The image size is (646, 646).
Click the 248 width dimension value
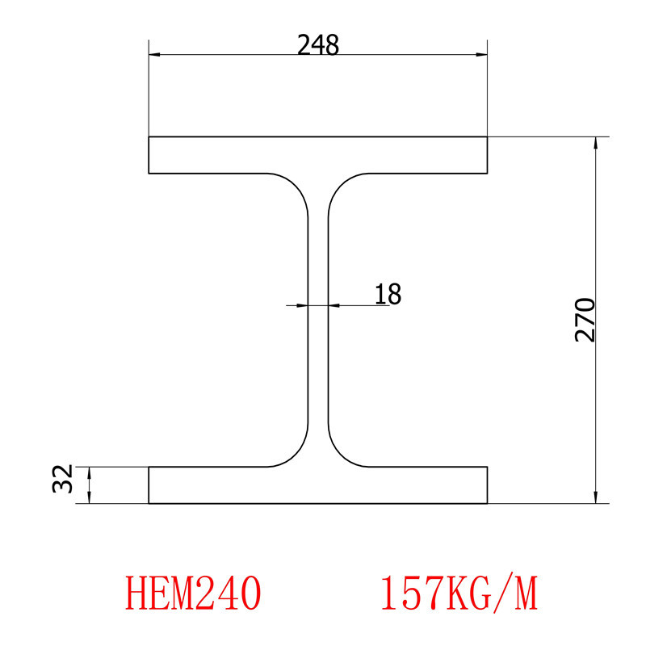coord(318,45)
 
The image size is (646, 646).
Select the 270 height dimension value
coord(585,320)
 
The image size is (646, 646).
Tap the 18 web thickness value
coord(388,294)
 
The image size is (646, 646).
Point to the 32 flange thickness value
coord(63,480)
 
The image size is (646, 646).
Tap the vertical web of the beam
coord(318,323)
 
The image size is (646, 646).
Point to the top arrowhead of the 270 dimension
coord(596,143)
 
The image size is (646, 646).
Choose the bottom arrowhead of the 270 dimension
coord(596,497)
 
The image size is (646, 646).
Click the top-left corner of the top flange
coord(149,138)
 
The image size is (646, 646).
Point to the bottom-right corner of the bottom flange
coord(488,503)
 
